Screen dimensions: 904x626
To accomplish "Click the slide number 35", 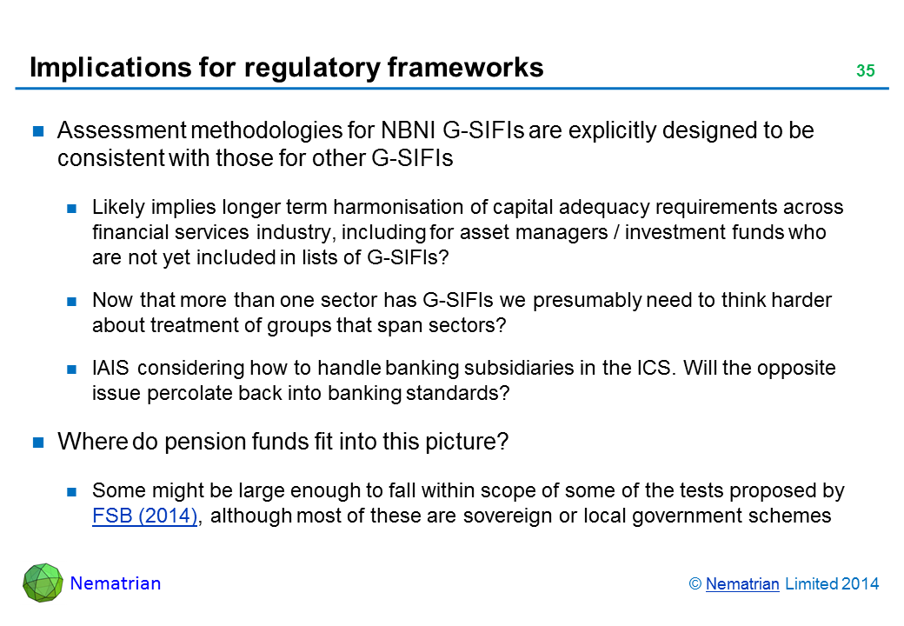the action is pyautogui.click(x=866, y=70).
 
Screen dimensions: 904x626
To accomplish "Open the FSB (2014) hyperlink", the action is pyautogui.click(x=144, y=516).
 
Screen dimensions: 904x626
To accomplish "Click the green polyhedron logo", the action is pyautogui.click(x=43, y=583).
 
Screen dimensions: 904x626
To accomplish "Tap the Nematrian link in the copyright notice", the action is pyautogui.click(x=742, y=584).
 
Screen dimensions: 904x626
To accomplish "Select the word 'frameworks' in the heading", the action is pyautogui.click(x=465, y=67).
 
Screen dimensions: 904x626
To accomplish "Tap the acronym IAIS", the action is pyautogui.click(x=110, y=368).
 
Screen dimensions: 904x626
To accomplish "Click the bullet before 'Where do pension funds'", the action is pyautogui.click(x=38, y=443).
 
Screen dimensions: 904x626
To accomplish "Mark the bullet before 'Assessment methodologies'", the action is pyautogui.click(x=38, y=130).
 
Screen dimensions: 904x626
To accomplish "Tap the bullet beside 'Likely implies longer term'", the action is pyautogui.click(x=71, y=208).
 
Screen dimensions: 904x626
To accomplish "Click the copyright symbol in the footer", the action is pyautogui.click(x=695, y=584).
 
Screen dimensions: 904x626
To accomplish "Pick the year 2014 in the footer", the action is pyautogui.click(x=861, y=584).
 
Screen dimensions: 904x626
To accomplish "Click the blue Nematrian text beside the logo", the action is pyautogui.click(x=116, y=583).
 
